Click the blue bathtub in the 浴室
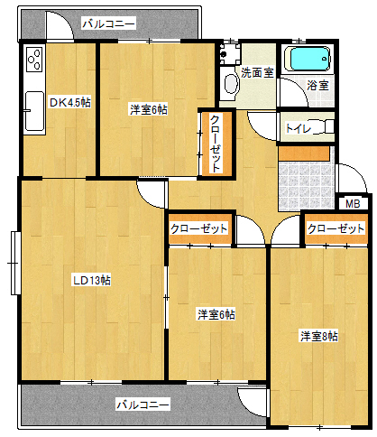tap(308, 59)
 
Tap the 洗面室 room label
tap(257, 72)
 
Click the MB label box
tap(353, 204)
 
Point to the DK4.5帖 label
tap(70, 103)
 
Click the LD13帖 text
tap(92, 280)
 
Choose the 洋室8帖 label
tap(319, 336)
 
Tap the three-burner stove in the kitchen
tap(34, 60)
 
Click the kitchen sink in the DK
tap(34, 111)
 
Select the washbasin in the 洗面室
tap(231, 84)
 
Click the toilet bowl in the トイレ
tap(326, 126)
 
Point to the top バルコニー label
tap(109, 23)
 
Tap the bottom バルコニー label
tap(143, 404)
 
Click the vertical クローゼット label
tap(216, 144)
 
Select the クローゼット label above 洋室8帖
tap(336, 229)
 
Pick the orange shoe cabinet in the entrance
tap(304, 153)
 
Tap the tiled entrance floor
tap(307, 185)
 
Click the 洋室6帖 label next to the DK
tap(149, 109)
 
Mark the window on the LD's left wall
tap(14, 263)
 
